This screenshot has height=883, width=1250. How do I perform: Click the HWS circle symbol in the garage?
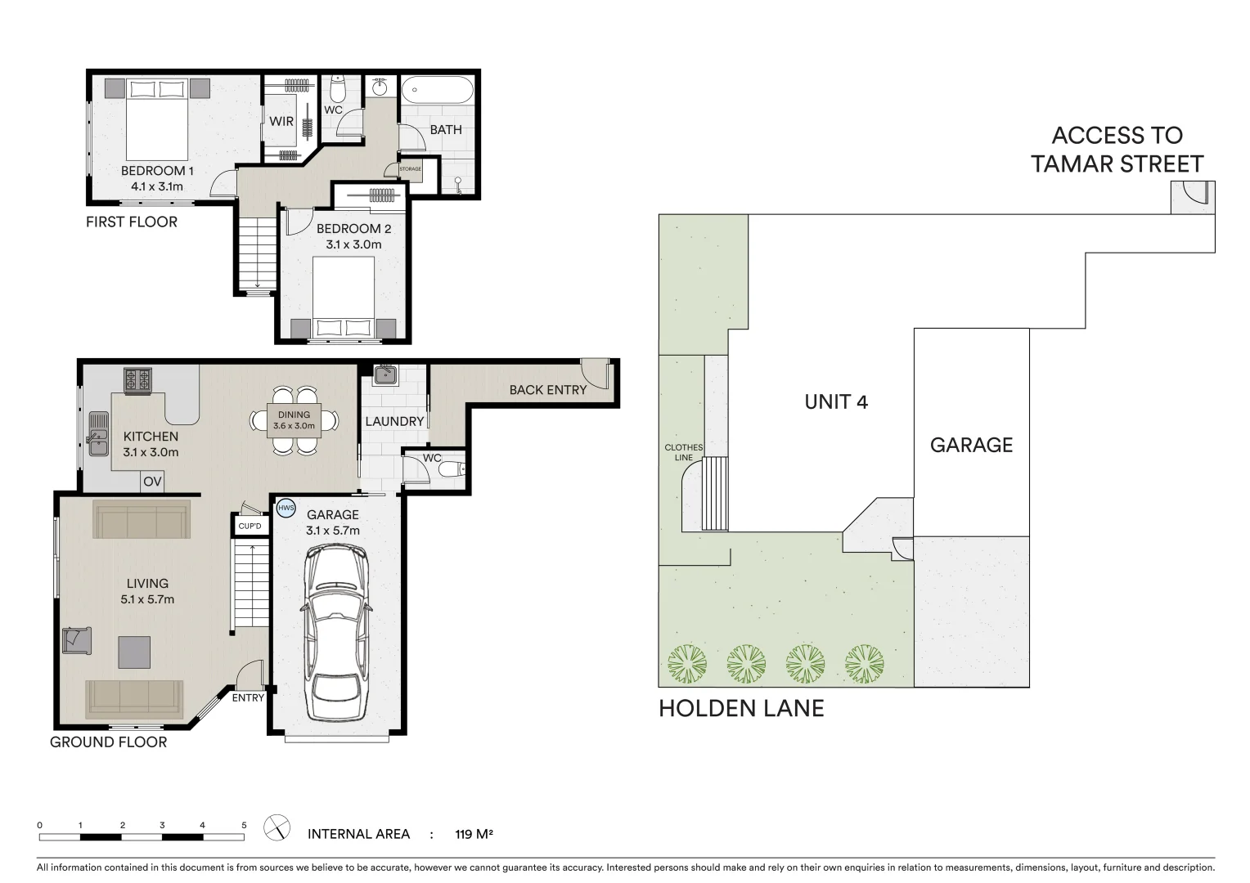point(286,508)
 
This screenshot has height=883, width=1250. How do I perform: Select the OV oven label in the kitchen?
point(152,482)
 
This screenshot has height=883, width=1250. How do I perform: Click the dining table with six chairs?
point(294,420)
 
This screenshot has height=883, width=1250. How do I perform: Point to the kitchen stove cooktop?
point(137,380)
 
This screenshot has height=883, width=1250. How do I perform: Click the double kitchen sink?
point(98,433)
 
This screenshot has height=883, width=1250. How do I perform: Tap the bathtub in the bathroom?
point(437,89)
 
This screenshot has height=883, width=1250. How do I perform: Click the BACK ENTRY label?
point(547,390)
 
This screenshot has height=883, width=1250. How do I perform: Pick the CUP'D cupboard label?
point(250,526)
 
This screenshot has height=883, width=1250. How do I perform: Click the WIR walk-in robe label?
point(281,121)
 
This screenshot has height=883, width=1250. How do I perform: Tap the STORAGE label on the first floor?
point(410,169)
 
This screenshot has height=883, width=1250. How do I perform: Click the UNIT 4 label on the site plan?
point(836,401)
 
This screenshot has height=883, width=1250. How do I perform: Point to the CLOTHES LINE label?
point(683,452)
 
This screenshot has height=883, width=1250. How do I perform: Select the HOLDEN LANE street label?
point(741,708)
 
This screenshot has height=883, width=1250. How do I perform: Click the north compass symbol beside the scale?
point(277,828)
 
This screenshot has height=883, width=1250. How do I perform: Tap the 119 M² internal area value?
point(474,835)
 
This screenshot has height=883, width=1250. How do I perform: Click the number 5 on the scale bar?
point(244,825)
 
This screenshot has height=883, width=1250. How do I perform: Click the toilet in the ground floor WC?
point(458,469)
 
